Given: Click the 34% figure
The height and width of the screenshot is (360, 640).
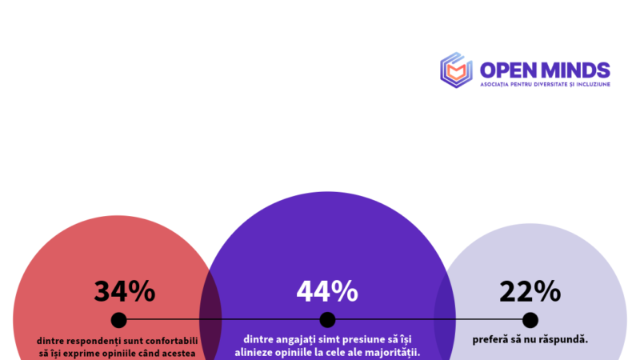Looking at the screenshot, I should [x=124, y=292].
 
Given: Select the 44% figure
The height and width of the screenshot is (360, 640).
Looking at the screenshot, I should [x=327, y=292].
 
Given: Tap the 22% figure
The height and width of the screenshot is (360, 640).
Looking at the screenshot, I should [x=530, y=292].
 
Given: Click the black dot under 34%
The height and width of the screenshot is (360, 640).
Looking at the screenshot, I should [x=118, y=321].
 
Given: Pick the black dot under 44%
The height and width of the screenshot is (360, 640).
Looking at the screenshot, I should [x=327, y=321].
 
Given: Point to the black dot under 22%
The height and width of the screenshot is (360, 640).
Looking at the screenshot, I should [x=530, y=321].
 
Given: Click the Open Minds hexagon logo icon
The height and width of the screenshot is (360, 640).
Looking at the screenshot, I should [x=457, y=70].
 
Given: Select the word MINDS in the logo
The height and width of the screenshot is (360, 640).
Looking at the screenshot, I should [x=577, y=70].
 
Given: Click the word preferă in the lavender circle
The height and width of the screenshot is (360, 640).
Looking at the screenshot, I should [x=489, y=339].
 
